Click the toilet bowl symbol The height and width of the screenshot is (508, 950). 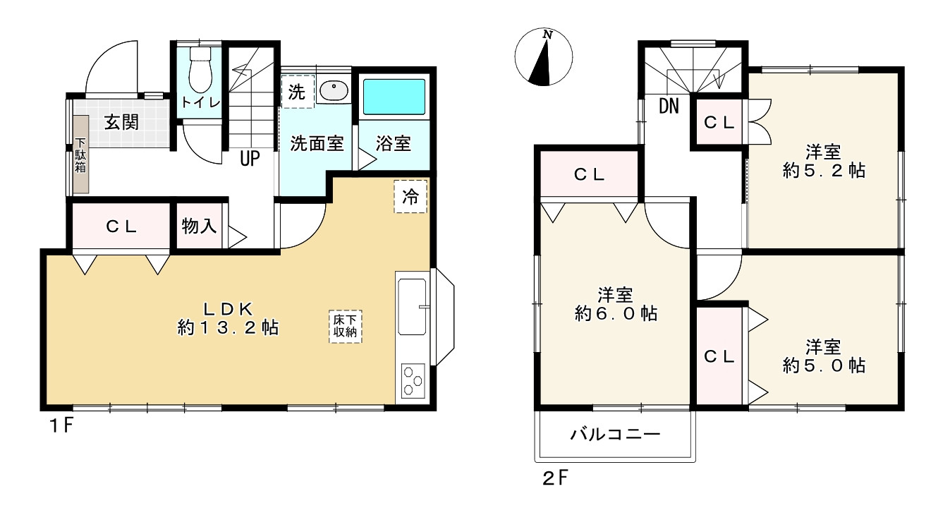(x=200, y=70)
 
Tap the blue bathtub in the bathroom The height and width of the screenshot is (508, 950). (x=394, y=97)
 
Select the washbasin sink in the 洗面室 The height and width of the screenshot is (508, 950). (x=334, y=90)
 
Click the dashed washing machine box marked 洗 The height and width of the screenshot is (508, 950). (x=298, y=91)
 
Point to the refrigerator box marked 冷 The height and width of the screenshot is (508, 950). (x=410, y=196)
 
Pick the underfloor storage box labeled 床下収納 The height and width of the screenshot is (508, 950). (x=345, y=326)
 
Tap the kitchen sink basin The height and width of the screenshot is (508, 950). (x=412, y=306)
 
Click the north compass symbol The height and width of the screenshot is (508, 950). (x=543, y=57)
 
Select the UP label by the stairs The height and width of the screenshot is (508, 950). (x=250, y=158)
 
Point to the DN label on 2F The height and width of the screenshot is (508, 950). (x=669, y=106)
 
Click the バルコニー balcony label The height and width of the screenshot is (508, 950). (x=615, y=434)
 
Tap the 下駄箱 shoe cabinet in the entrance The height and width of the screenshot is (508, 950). (x=80, y=155)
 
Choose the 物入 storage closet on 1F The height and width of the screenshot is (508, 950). (x=199, y=226)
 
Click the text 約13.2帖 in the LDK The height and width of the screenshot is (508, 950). (x=228, y=327)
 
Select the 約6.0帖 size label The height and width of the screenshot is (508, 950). (x=616, y=314)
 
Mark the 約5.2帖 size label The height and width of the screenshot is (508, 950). (x=824, y=171)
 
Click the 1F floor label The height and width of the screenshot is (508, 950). (x=62, y=425)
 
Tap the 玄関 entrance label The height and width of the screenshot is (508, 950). (x=122, y=122)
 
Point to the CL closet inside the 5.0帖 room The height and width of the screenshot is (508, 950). (x=719, y=356)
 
